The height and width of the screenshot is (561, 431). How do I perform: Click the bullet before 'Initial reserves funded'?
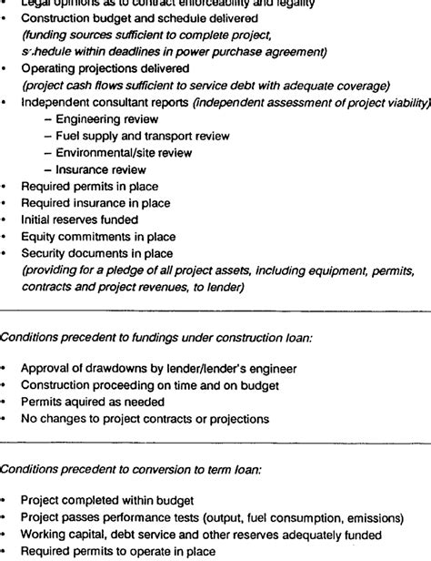click(x=6, y=220)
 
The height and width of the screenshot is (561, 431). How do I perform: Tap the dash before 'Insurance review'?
click(x=47, y=169)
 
